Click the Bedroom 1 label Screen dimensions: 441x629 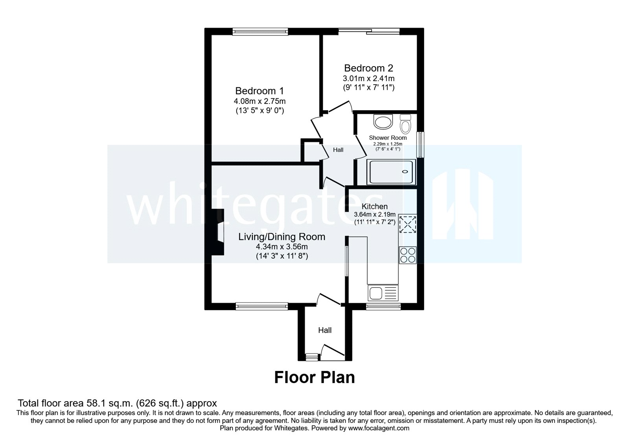click(259, 91)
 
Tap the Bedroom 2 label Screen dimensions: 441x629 click(368, 68)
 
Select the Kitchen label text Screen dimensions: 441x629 click(374, 206)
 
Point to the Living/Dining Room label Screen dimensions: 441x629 click(281, 237)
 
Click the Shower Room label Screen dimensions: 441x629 click(388, 138)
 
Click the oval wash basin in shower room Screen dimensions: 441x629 click(383, 122)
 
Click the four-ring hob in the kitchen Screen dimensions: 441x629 click(408, 255)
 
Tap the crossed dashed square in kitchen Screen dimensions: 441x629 click(408, 224)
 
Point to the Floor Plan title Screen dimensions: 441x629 click(314, 377)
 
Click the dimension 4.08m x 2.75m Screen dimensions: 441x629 click(259, 101)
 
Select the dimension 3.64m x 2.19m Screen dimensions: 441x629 click(374, 215)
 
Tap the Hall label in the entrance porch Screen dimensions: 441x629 click(325, 330)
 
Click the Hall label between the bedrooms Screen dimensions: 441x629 click(338, 150)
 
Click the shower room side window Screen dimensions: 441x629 click(420, 145)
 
